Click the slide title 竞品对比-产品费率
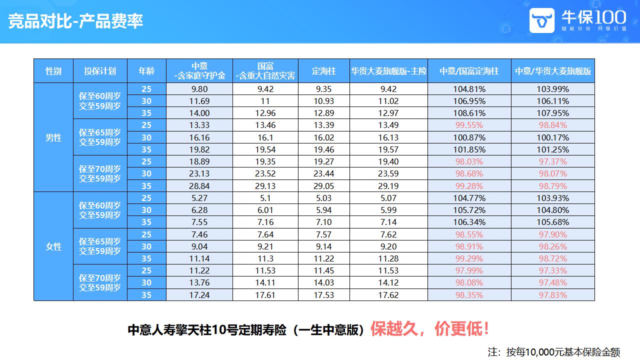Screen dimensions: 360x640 (75, 21)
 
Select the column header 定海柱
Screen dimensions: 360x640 (323, 71)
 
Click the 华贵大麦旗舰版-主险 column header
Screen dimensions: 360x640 (388, 71)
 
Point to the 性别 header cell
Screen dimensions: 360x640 (53, 71)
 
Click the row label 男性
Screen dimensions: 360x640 (53, 137)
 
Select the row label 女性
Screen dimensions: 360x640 (53, 246)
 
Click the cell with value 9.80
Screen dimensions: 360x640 (199, 89)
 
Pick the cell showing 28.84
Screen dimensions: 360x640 (199, 185)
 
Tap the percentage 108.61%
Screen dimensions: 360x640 (469, 113)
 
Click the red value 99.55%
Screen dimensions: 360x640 (469, 125)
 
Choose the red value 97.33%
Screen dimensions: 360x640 (552, 270)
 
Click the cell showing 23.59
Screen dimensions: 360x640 (388, 173)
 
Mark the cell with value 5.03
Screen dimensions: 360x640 (323, 198)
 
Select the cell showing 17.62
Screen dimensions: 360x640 (388, 295)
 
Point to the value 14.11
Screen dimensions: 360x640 (265, 283)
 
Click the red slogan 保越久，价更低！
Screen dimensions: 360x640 (429, 329)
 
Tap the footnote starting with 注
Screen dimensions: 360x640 (553, 351)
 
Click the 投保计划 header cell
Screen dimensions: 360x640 (100, 71)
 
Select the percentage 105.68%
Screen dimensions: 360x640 (552, 222)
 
